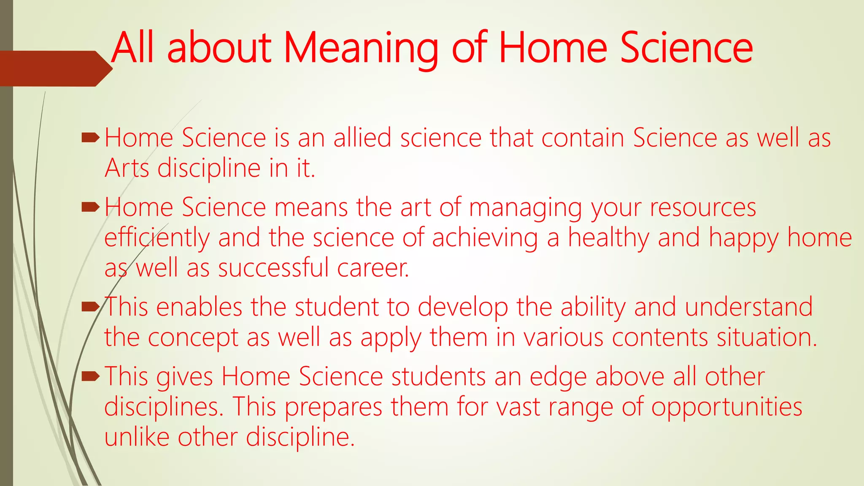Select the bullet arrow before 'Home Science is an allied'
(x=90, y=137)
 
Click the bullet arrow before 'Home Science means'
(x=90, y=207)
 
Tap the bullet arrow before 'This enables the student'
(x=90, y=306)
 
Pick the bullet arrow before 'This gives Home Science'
(x=90, y=375)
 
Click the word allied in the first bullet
(x=362, y=138)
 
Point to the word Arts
(x=127, y=168)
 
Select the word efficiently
(x=157, y=238)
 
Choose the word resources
(x=703, y=208)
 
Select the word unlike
(x=137, y=437)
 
